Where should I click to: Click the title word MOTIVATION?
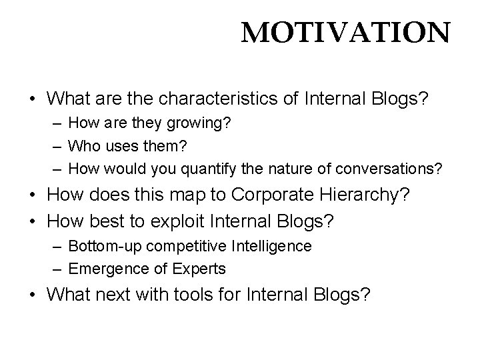click(x=345, y=31)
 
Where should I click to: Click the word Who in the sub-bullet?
click(x=83, y=147)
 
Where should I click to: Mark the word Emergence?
click(x=102, y=269)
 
